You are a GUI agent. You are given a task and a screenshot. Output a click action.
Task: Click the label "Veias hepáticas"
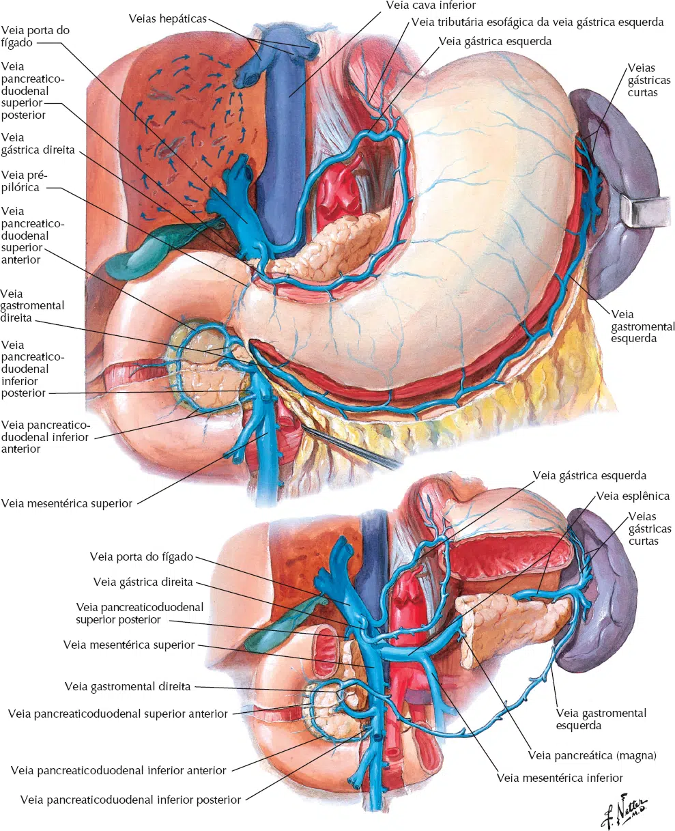[x=167, y=18]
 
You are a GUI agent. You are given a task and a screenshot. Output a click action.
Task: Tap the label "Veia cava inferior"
[x=431, y=5]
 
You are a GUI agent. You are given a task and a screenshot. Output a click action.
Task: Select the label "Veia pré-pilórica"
[x=24, y=181]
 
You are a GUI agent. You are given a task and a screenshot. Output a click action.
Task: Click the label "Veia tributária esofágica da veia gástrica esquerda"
[x=538, y=22]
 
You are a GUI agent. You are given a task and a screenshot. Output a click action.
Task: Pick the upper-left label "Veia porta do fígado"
[x=35, y=36]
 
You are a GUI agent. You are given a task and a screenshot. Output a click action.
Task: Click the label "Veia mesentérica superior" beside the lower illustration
[x=129, y=645]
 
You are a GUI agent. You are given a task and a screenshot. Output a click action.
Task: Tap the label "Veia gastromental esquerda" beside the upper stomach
[x=643, y=326]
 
